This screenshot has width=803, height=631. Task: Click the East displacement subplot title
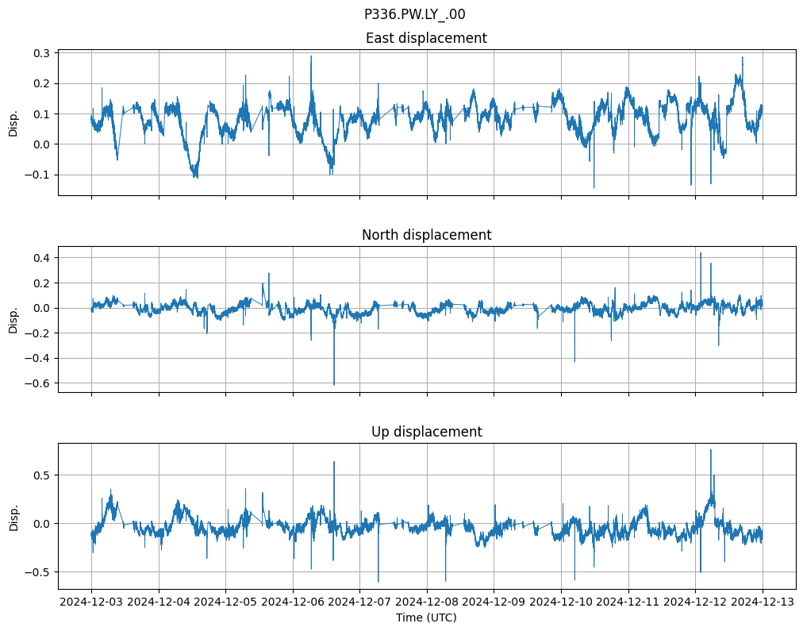(426, 38)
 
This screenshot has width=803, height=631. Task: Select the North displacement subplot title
(426, 235)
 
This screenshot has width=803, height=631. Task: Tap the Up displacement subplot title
(426, 432)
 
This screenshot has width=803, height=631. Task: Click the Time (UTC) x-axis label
(426, 617)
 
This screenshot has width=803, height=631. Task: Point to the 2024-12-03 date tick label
(91, 602)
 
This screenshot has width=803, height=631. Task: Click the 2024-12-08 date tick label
(427, 602)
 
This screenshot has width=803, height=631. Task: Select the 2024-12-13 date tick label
(763, 602)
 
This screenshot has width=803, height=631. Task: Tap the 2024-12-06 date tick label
(293, 602)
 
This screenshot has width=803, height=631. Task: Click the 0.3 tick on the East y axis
(41, 53)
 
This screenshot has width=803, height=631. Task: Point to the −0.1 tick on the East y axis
(37, 175)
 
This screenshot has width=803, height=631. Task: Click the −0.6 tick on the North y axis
(37, 383)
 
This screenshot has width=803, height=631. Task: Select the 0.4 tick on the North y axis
(41, 258)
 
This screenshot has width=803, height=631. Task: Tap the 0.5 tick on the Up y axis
(41, 475)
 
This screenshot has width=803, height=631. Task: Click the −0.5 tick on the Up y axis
(37, 571)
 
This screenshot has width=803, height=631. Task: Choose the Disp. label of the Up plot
(13, 516)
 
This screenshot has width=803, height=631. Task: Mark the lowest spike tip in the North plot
(334, 385)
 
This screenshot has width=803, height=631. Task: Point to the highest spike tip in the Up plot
(710, 450)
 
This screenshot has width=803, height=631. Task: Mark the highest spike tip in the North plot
(700, 252)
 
